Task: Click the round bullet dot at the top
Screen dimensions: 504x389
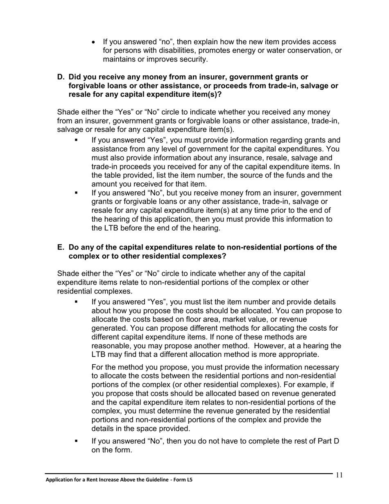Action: point(95,42)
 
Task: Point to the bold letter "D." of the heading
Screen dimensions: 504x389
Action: point(61,77)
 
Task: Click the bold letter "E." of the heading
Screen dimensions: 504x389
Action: point(61,247)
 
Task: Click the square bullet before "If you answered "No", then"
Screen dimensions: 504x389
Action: point(76,441)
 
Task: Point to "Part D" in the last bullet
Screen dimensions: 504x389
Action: point(329,441)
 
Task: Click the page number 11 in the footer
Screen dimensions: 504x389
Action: point(339,475)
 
